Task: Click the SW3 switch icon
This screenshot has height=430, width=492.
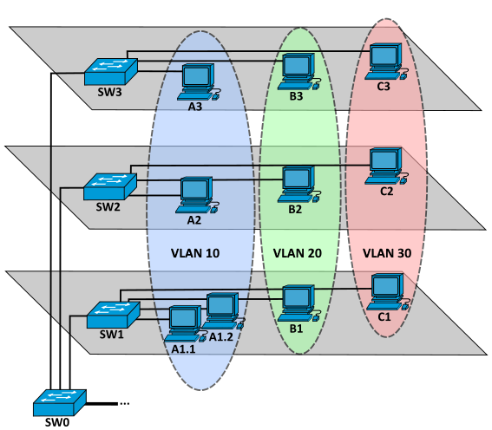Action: point(111,72)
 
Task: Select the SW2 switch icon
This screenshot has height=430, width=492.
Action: point(110,186)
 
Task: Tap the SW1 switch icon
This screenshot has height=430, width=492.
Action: point(114,315)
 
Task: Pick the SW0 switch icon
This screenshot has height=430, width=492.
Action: point(60,403)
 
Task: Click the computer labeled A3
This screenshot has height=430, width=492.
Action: point(199,82)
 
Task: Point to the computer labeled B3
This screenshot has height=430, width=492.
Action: point(299,72)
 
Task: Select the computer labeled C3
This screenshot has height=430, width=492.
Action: point(387,62)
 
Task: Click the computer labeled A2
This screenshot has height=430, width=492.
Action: point(197,195)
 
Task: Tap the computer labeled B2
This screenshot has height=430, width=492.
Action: point(299,185)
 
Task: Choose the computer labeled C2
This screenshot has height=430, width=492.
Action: point(387,166)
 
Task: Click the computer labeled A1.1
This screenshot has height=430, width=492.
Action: point(185,324)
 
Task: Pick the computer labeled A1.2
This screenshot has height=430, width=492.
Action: point(223,311)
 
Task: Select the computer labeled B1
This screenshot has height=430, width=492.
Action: point(299,303)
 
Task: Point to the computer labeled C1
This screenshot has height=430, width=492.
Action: point(388,292)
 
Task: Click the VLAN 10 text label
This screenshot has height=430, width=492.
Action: point(195,253)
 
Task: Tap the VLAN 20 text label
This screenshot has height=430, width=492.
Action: point(298,253)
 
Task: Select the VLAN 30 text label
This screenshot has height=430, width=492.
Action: point(387,253)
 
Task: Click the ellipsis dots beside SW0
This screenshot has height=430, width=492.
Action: point(125,404)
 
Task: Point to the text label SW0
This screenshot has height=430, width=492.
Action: point(57,422)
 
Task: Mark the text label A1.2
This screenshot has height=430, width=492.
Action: point(221,337)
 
